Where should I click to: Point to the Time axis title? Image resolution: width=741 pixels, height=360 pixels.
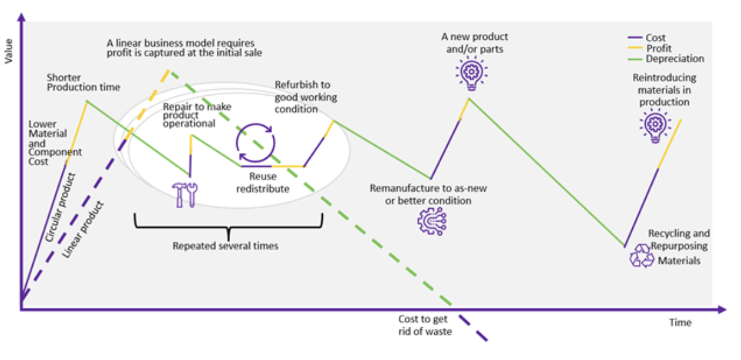point(679,322)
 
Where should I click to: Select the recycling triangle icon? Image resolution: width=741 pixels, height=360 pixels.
point(641,256)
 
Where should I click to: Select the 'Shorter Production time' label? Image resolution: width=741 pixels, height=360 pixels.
point(83,82)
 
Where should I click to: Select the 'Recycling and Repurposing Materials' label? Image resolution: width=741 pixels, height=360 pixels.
point(678,248)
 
